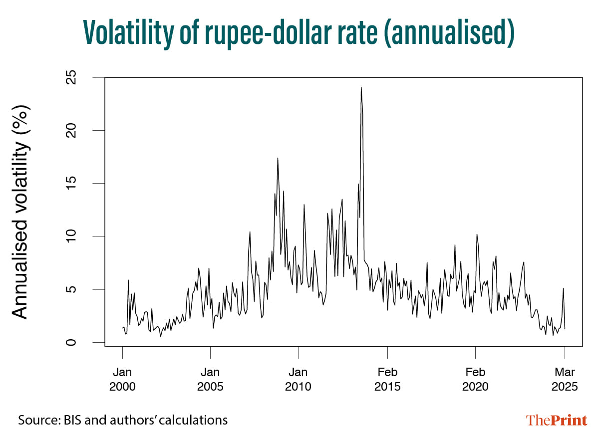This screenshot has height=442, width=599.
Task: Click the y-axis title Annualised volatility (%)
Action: pos(21,212)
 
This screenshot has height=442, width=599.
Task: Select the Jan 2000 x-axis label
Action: pos(122,379)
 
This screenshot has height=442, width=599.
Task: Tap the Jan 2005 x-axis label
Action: pos(210,379)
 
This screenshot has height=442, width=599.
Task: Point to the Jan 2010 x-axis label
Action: pos(298,379)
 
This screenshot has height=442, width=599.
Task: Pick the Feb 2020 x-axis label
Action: pos(475,379)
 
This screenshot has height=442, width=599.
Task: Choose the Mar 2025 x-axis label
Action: pos(565,379)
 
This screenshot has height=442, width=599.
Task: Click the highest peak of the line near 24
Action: pos(361,88)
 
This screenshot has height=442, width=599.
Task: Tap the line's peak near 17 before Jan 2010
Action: pos(278,158)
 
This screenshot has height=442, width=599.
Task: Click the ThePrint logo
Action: pos(557,421)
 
